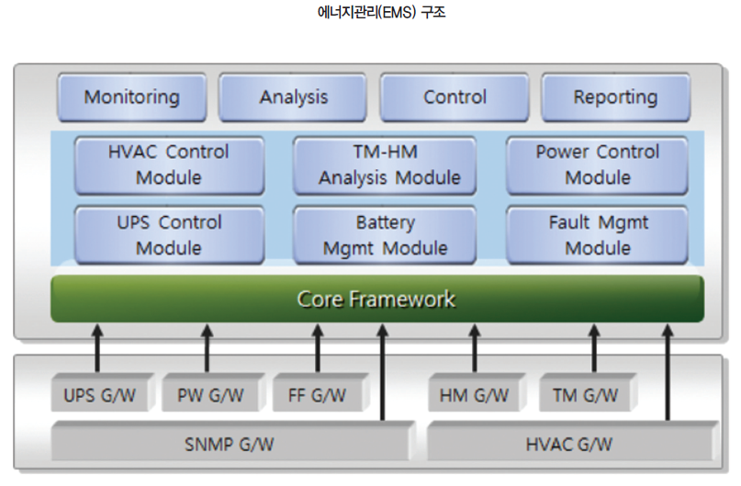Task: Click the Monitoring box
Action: tap(132, 97)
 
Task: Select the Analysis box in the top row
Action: tap(294, 97)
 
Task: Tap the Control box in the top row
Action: tap(455, 97)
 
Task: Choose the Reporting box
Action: tap(615, 97)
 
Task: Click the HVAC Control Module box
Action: tap(169, 164)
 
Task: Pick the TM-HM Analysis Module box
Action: tap(386, 164)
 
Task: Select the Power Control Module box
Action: tap(598, 164)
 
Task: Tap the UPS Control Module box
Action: tap(169, 235)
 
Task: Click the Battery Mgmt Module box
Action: tap(386, 235)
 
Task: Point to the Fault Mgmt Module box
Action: tap(598, 235)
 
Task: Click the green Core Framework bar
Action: tap(376, 300)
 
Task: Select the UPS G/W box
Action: tap(98, 396)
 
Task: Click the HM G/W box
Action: tap(475, 396)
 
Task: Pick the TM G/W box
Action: tap(585, 396)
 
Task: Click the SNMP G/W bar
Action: tap(230, 444)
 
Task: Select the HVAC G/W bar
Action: tap(569, 444)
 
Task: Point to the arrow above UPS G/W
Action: tap(96, 348)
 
